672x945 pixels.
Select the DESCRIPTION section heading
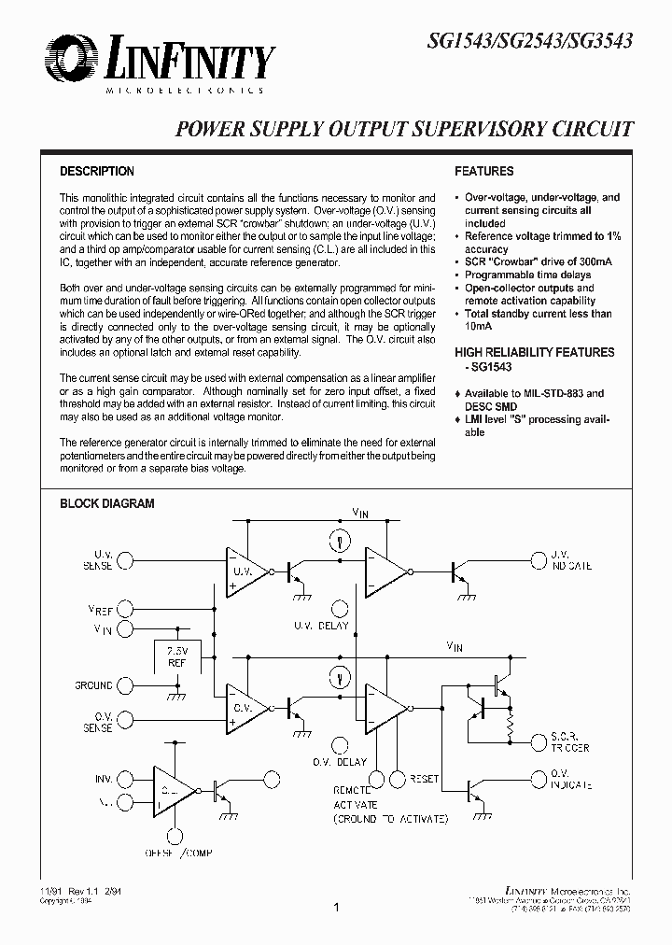tap(97, 172)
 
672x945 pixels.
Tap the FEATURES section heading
tap(483, 172)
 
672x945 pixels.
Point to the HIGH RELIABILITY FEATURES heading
tap(535, 352)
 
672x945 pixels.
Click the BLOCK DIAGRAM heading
tap(107, 503)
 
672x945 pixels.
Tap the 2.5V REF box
tap(177, 656)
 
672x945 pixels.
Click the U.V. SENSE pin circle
tap(128, 558)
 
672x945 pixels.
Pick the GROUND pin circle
tap(128, 685)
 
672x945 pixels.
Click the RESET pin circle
tap(399, 778)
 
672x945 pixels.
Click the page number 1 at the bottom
tap(336, 907)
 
